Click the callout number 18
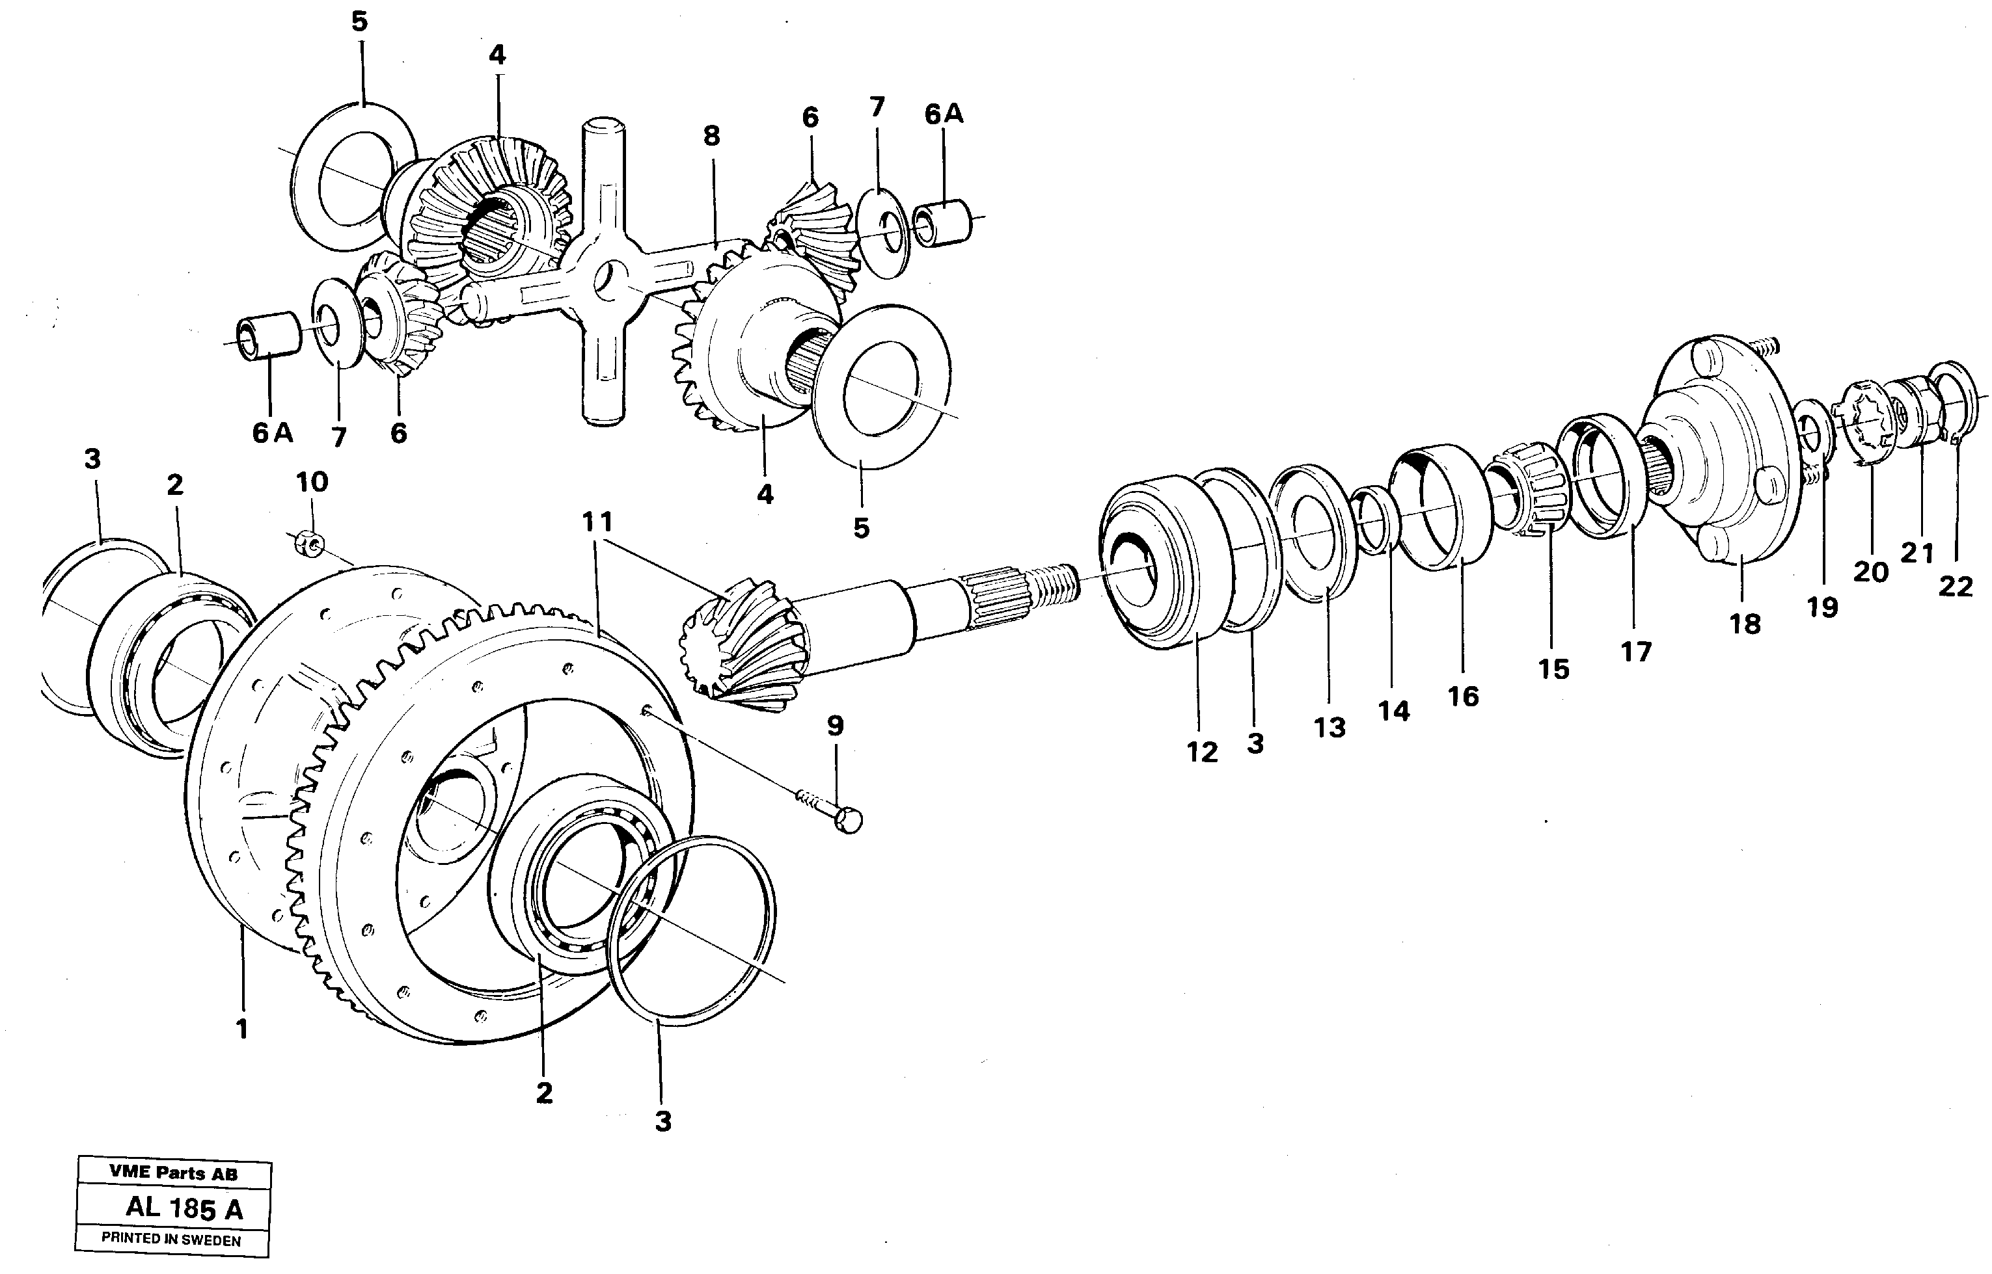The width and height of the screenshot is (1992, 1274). pyautogui.click(x=1745, y=624)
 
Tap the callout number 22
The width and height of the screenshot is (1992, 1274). pyautogui.click(x=1956, y=587)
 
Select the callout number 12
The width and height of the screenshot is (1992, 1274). pyautogui.click(x=1202, y=752)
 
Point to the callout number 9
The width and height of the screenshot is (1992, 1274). pyautogui.click(x=835, y=726)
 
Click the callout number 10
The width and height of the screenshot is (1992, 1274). pyautogui.click(x=312, y=481)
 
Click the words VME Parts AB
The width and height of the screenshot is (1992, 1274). pyautogui.click(x=173, y=1173)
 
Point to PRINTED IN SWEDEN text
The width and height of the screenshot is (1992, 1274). pyautogui.click(x=171, y=1240)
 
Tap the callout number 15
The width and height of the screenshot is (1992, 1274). pyautogui.click(x=1553, y=669)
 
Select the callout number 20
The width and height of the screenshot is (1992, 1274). pyautogui.click(x=1870, y=571)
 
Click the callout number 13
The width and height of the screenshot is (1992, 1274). pyautogui.click(x=1329, y=727)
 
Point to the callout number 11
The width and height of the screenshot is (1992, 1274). pyautogui.click(x=597, y=522)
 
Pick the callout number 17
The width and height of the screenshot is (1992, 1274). pyautogui.click(x=1635, y=652)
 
